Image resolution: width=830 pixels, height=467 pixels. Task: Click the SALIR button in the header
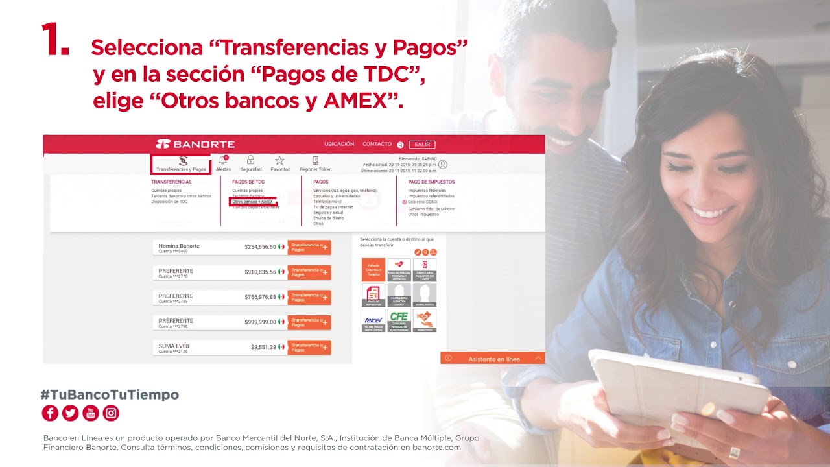(422, 145)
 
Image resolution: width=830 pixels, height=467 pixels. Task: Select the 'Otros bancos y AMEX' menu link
(252, 202)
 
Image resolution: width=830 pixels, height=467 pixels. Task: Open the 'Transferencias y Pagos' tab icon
(183, 160)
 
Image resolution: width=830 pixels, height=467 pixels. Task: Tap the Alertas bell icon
(223, 160)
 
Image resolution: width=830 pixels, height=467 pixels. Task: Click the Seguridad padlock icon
(250, 160)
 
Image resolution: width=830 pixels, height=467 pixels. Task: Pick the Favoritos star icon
(279, 160)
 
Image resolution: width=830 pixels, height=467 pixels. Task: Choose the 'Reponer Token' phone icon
(315, 160)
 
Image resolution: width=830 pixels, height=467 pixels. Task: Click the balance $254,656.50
(260, 247)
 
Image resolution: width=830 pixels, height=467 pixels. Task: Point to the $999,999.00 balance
(260, 322)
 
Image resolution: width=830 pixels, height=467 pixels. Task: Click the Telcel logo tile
(373, 320)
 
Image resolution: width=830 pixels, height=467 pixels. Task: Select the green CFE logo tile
(399, 320)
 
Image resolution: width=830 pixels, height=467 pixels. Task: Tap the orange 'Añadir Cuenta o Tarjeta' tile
(373, 270)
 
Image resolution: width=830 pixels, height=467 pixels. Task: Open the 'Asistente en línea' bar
(493, 359)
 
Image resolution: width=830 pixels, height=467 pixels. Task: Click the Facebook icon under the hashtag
(50, 413)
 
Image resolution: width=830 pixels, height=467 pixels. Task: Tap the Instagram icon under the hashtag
(111, 413)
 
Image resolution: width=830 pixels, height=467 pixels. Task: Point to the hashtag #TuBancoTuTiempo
(110, 394)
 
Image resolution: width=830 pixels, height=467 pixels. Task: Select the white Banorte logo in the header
(195, 144)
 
